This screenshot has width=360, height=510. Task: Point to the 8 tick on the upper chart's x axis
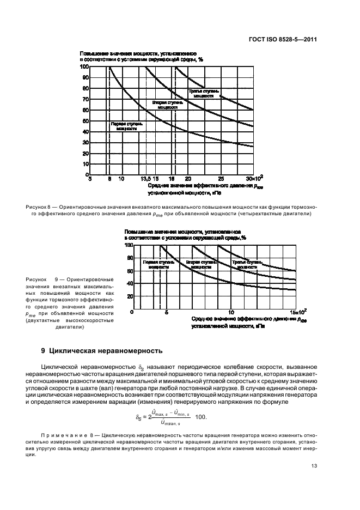click(109, 179)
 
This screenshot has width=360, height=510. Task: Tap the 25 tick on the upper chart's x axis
click(221, 179)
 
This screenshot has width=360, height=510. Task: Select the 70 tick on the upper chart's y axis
click(85, 99)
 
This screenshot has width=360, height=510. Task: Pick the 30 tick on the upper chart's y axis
click(85, 142)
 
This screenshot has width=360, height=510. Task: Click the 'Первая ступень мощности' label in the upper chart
click(126, 126)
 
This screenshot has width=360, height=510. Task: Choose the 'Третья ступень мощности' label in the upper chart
click(204, 93)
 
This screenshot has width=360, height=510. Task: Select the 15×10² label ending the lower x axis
click(298, 312)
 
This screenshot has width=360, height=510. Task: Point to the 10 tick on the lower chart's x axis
click(231, 312)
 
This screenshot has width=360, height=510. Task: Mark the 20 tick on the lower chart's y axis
click(130, 297)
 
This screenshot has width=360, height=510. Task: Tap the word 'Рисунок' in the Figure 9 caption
click(36, 280)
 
